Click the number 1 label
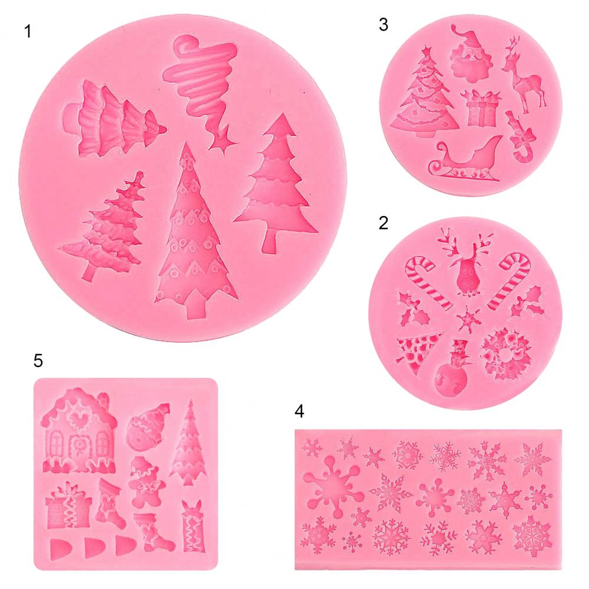pos(28,32)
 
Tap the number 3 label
pos(384,25)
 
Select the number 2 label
pos(384,223)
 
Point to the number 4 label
pos(300,412)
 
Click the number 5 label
pos(38,361)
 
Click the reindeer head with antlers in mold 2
pos(466,263)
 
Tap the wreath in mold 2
pos(505,353)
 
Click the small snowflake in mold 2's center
pos(468,320)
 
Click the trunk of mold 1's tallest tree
pos(195,306)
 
